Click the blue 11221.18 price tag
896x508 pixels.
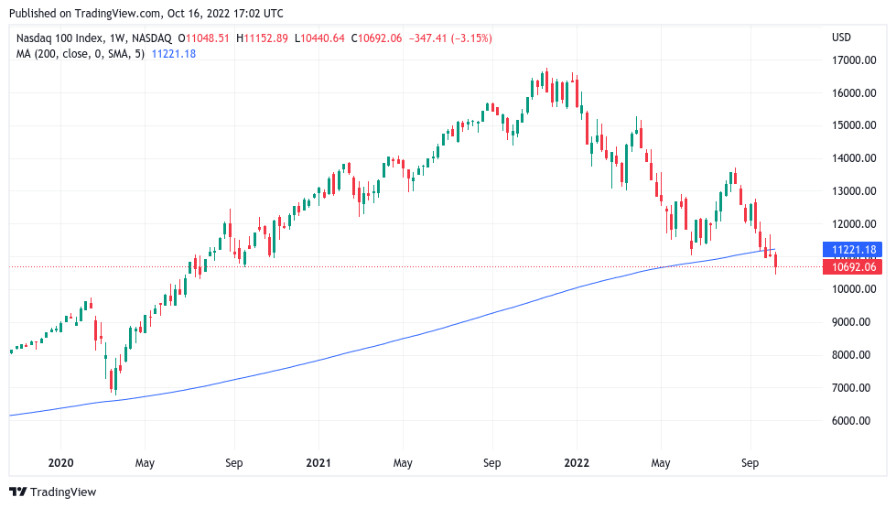(x=852, y=249)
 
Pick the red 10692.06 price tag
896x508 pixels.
(x=852, y=267)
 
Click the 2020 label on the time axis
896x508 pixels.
(x=60, y=463)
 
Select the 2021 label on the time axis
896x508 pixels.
(x=318, y=463)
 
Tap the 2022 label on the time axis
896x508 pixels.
(x=577, y=463)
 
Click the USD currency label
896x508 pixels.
(x=841, y=38)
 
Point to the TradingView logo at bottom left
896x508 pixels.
(x=52, y=492)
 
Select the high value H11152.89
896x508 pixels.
(x=262, y=38)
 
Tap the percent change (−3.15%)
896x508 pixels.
(x=464, y=38)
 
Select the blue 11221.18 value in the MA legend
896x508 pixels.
(x=173, y=54)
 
